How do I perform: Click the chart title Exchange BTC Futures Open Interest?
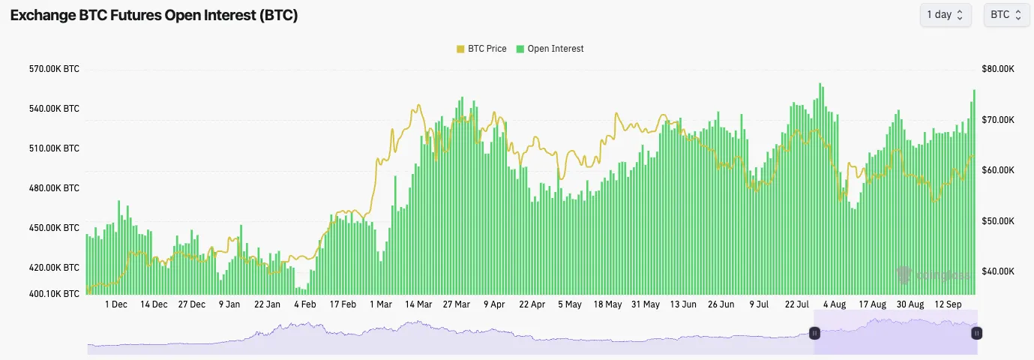tap(154, 16)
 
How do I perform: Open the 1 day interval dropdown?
tap(945, 15)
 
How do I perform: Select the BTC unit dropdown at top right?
tap(1006, 15)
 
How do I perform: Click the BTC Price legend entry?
tap(481, 49)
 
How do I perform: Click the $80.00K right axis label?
tap(998, 69)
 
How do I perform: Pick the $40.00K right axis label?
tap(998, 271)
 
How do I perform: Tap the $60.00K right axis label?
tap(998, 170)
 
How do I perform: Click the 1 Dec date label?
tap(116, 304)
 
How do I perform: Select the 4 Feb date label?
tap(305, 304)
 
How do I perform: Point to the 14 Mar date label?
tap(418, 304)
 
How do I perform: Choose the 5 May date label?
tap(570, 304)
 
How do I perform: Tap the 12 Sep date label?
tap(948, 304)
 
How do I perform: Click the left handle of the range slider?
tap(814, 332)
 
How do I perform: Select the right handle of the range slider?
tap(976, 332)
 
